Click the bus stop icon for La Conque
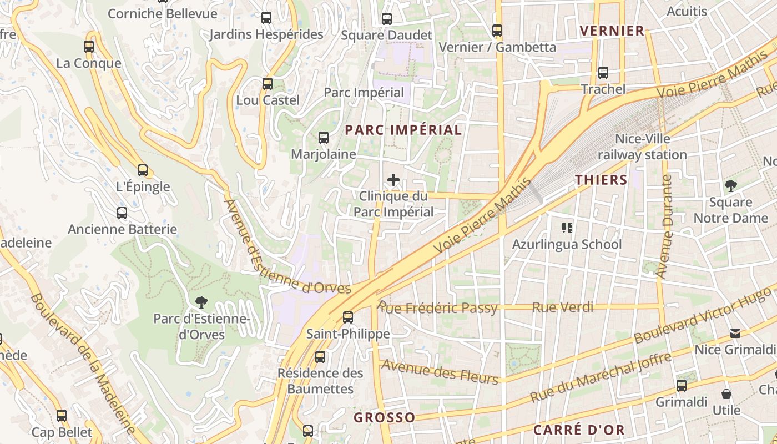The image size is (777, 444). [89, 47]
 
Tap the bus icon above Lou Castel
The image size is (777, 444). [268, 84]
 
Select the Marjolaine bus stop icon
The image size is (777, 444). [323, 138]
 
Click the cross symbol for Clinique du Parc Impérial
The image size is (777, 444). [393, 180]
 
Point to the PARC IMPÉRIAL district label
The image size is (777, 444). [403, 130]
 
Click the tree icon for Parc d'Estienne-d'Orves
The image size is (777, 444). [201, 302]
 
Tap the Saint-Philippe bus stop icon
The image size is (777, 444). [348, 317]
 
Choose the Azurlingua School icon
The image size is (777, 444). [567, 228]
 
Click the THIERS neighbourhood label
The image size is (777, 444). [601, 180]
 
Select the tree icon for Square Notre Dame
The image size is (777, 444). [730, 186]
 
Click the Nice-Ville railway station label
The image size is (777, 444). [642, 147]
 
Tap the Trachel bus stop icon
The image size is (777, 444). [603, 73]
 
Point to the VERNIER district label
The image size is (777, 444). [612, 31]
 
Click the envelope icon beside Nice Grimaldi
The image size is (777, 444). [735, 333]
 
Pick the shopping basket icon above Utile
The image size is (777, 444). [726, 394]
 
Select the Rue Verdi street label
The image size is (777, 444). [563, 307]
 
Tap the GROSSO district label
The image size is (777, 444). [385, 417]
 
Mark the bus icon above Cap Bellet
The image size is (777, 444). [62, 415]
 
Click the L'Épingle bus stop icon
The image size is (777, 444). [143, 170]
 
